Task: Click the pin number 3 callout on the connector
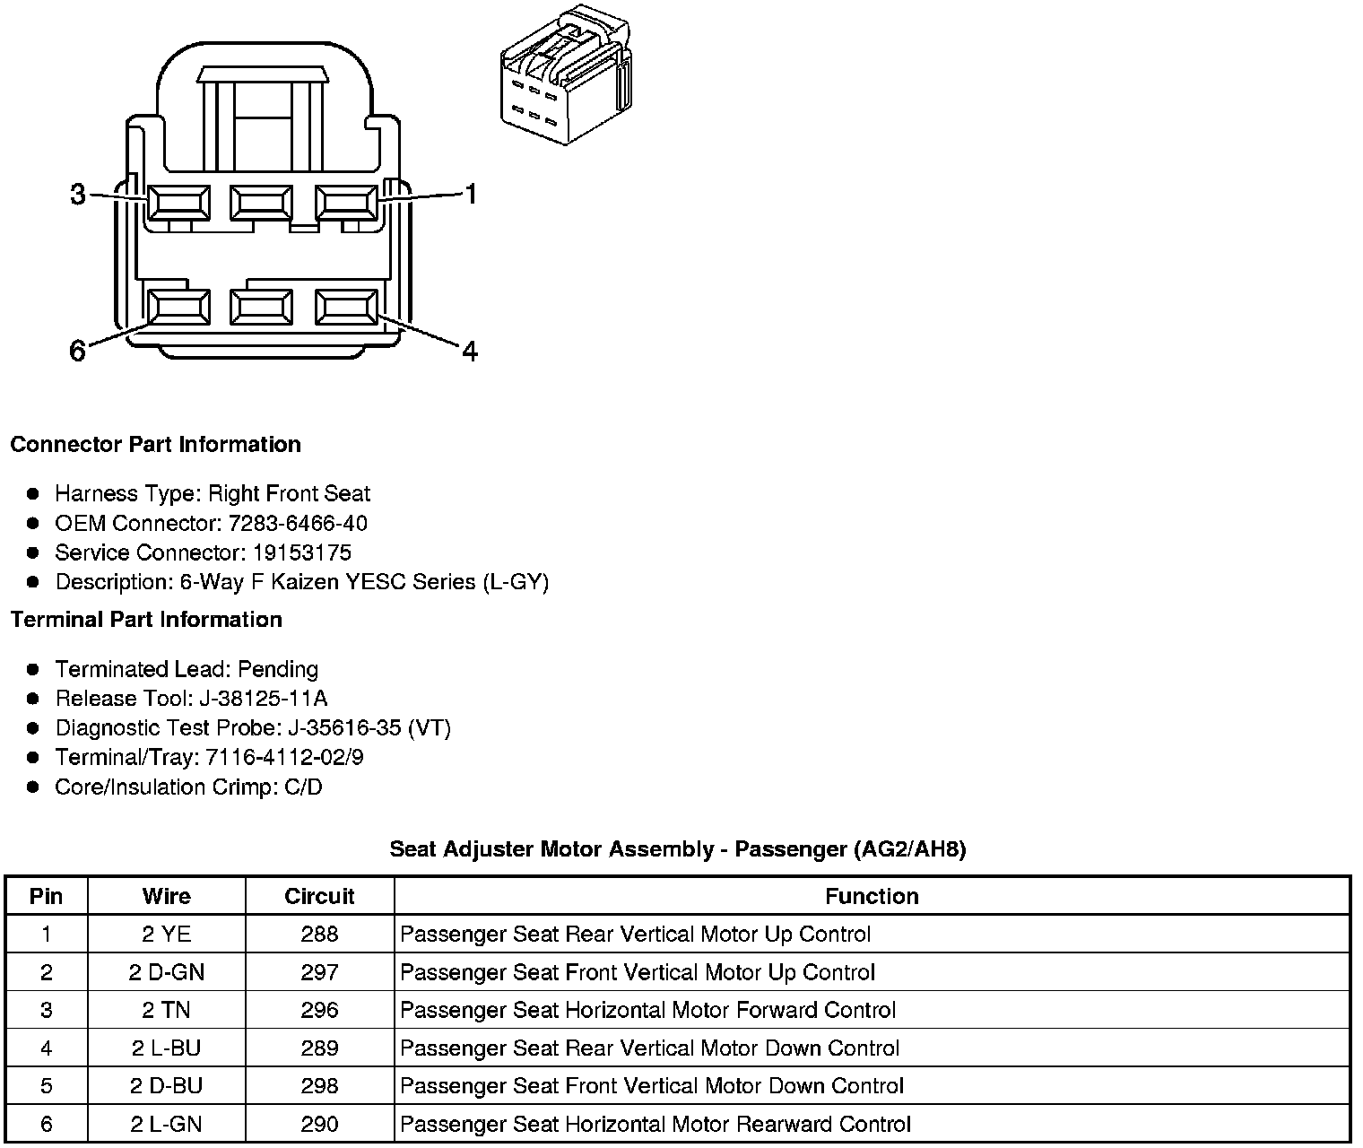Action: (x=78, y=194)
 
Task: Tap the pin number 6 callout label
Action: (x=78, y=351)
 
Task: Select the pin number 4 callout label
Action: (x=469, y=351)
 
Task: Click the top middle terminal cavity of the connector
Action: (x=261, y=203)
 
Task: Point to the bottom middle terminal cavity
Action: (x=261, y=308)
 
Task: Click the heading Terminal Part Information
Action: (x=146, y=620)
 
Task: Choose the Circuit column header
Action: (x=319, y=896)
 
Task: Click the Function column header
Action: (x=872, y=896)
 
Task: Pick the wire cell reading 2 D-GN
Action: (x=166, y=972)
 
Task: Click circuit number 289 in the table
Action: (x=319, y=1048)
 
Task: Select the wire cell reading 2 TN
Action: (x=166, y=1010)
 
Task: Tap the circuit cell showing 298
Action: (x=319, y=1086)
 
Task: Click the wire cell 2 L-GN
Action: (x=166, y=1124)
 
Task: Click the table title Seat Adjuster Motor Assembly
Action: (x=552, y=848)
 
